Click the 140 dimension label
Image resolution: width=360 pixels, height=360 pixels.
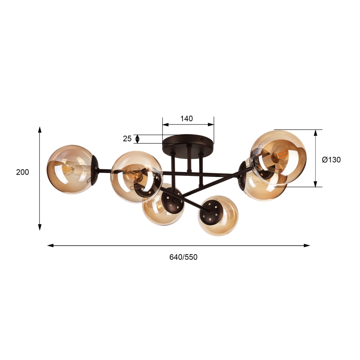click(187, 119)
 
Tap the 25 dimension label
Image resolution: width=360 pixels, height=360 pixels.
click(127, 139)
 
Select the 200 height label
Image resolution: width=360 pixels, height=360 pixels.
click(22, 172)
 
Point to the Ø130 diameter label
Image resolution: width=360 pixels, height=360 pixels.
click(331, 160)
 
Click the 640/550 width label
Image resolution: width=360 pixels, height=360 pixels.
click(183, 257)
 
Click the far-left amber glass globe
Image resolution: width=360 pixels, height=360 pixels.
click(71, 170)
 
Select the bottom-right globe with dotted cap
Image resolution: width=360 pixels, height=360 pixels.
click(218, 216)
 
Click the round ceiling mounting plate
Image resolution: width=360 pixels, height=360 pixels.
click(188, 147)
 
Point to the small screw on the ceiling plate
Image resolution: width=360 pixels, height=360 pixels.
click(202, 139)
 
